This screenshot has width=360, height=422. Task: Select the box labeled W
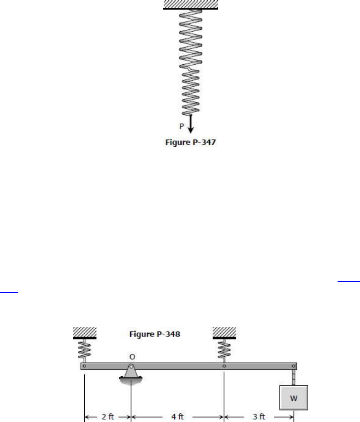293,398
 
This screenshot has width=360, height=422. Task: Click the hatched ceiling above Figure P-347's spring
191,4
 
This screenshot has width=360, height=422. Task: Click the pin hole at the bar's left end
84,366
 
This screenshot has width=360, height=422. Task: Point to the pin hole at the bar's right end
293,366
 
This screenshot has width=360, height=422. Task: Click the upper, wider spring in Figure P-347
191,39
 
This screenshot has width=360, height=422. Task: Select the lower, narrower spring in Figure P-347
191,92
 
